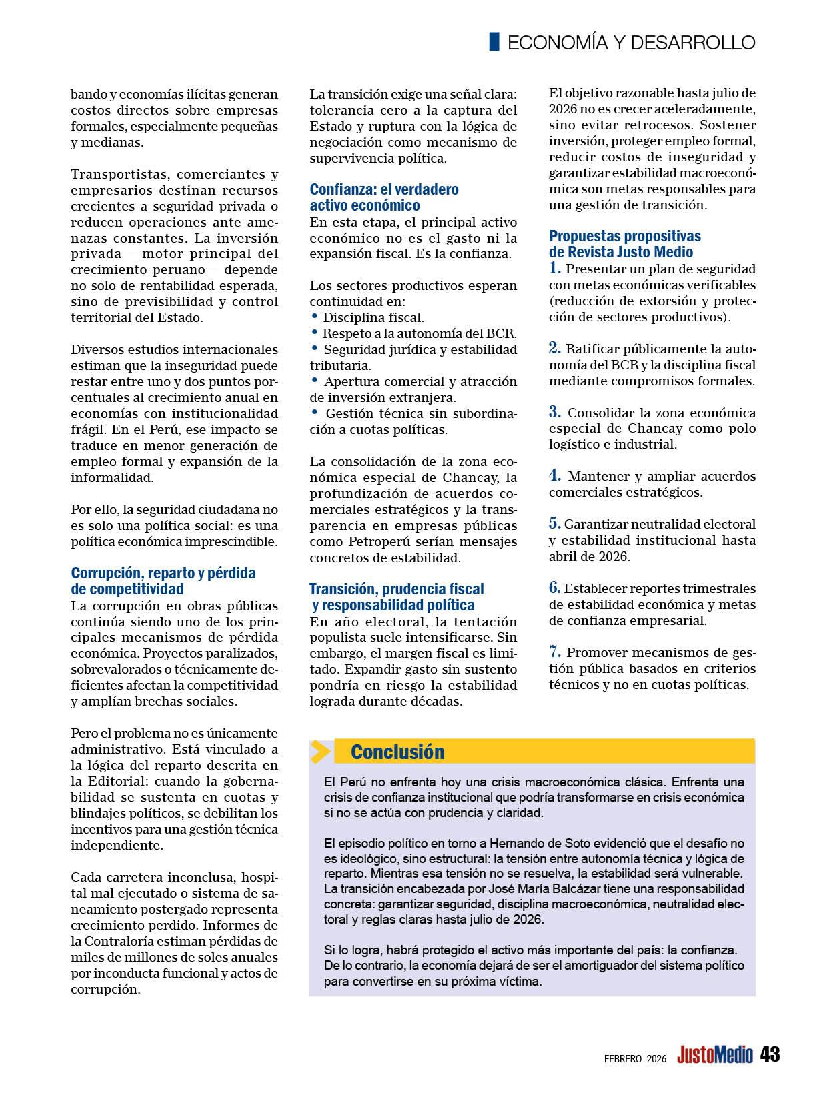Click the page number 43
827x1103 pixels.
coord(770,1054)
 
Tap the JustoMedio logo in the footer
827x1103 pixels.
coord(714,1055)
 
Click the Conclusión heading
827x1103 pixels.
coord(397,752)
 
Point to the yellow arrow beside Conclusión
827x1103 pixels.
coord(321,752)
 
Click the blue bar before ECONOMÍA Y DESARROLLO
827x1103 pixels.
coord(494,41)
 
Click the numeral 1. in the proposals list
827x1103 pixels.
coord(555,269)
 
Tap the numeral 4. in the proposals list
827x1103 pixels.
coord(555,476)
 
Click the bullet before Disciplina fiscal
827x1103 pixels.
coord(314,316)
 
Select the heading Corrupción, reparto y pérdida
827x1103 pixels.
coord(163,573)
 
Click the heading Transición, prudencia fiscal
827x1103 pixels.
coord(397,589)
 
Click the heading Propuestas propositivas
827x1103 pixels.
coord(625,236)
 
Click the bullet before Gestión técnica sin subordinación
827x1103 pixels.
coord(314,412)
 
